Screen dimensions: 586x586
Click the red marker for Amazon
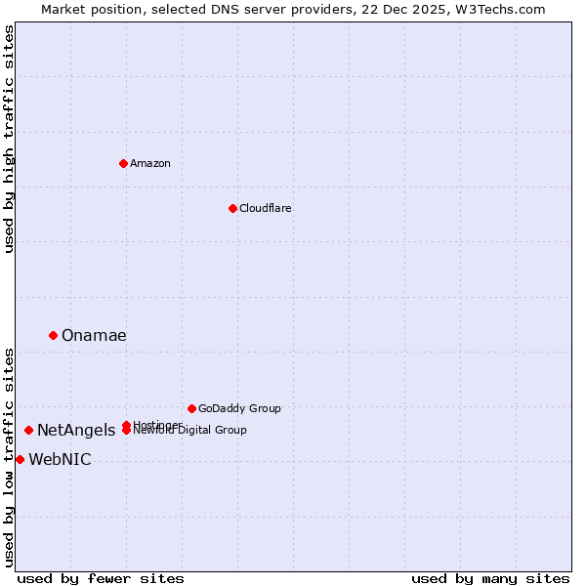(123, 163)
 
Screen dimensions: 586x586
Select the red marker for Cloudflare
(232, 208)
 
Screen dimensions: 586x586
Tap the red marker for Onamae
(53, 335)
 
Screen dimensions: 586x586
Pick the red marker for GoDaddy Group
(191, 408)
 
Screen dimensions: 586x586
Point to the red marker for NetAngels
(28, 430)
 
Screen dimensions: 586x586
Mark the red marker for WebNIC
(20, 459)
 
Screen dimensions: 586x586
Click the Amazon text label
(150, 163)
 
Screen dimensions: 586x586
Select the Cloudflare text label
(265, 208)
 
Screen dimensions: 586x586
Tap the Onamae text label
(94, 335)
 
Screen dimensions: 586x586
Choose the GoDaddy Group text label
(239, 408)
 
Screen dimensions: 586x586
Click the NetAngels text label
(76, 430)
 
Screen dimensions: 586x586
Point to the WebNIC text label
(60, 459)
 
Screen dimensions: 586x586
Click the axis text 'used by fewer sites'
(101, 579)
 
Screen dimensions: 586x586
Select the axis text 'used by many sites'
(490, 579)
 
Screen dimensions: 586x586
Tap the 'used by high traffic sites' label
(9, 139)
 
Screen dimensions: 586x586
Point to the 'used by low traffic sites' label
(9, 457)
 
